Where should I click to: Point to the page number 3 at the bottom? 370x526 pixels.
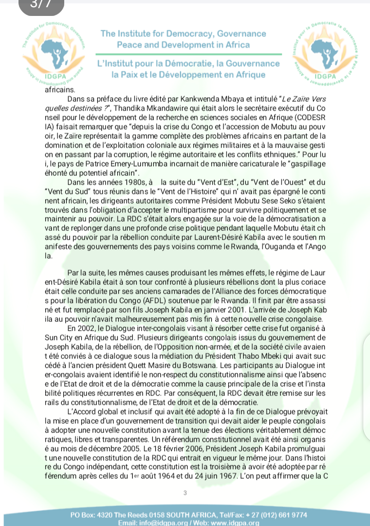pyautogui.click(x=184, y=493)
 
